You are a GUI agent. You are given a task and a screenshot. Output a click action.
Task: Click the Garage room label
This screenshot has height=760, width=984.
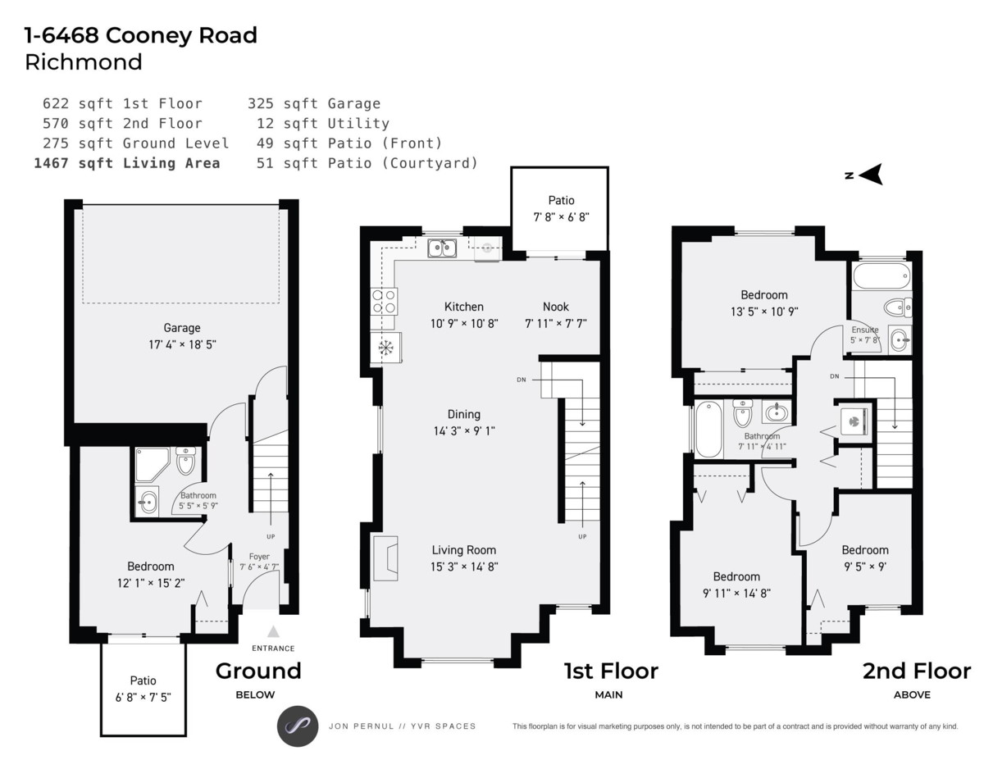(x=181, y=328)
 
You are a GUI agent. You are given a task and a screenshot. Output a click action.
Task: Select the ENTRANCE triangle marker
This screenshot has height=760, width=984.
(x=273, y=632)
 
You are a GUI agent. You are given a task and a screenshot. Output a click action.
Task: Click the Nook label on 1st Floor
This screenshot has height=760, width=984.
(x=555, y=307)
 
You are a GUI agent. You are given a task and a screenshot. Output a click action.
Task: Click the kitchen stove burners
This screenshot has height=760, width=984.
(x=385, y=302)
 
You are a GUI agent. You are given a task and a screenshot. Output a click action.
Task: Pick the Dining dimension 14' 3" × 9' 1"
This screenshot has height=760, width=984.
(x=464, y=430)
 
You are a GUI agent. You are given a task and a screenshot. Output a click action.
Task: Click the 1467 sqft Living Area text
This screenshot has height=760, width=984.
(x=127, y=163)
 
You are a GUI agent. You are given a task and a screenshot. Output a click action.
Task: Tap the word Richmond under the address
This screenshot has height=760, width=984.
(x=84, y=62)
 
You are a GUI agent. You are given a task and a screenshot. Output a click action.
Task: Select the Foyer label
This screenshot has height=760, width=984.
(x=259, y=557)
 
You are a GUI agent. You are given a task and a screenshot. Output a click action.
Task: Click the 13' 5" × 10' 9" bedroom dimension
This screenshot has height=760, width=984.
(x=763, y=312)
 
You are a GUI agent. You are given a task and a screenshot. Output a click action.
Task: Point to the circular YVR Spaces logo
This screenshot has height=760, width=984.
(x=297, y=726)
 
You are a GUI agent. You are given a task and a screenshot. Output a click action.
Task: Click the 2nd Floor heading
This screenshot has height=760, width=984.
(x=916, y=671)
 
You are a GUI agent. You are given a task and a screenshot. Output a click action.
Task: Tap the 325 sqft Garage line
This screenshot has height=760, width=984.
(x=314, y=103)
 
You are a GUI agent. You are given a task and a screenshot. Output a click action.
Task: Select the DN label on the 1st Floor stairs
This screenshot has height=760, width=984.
(x=522, y=380)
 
